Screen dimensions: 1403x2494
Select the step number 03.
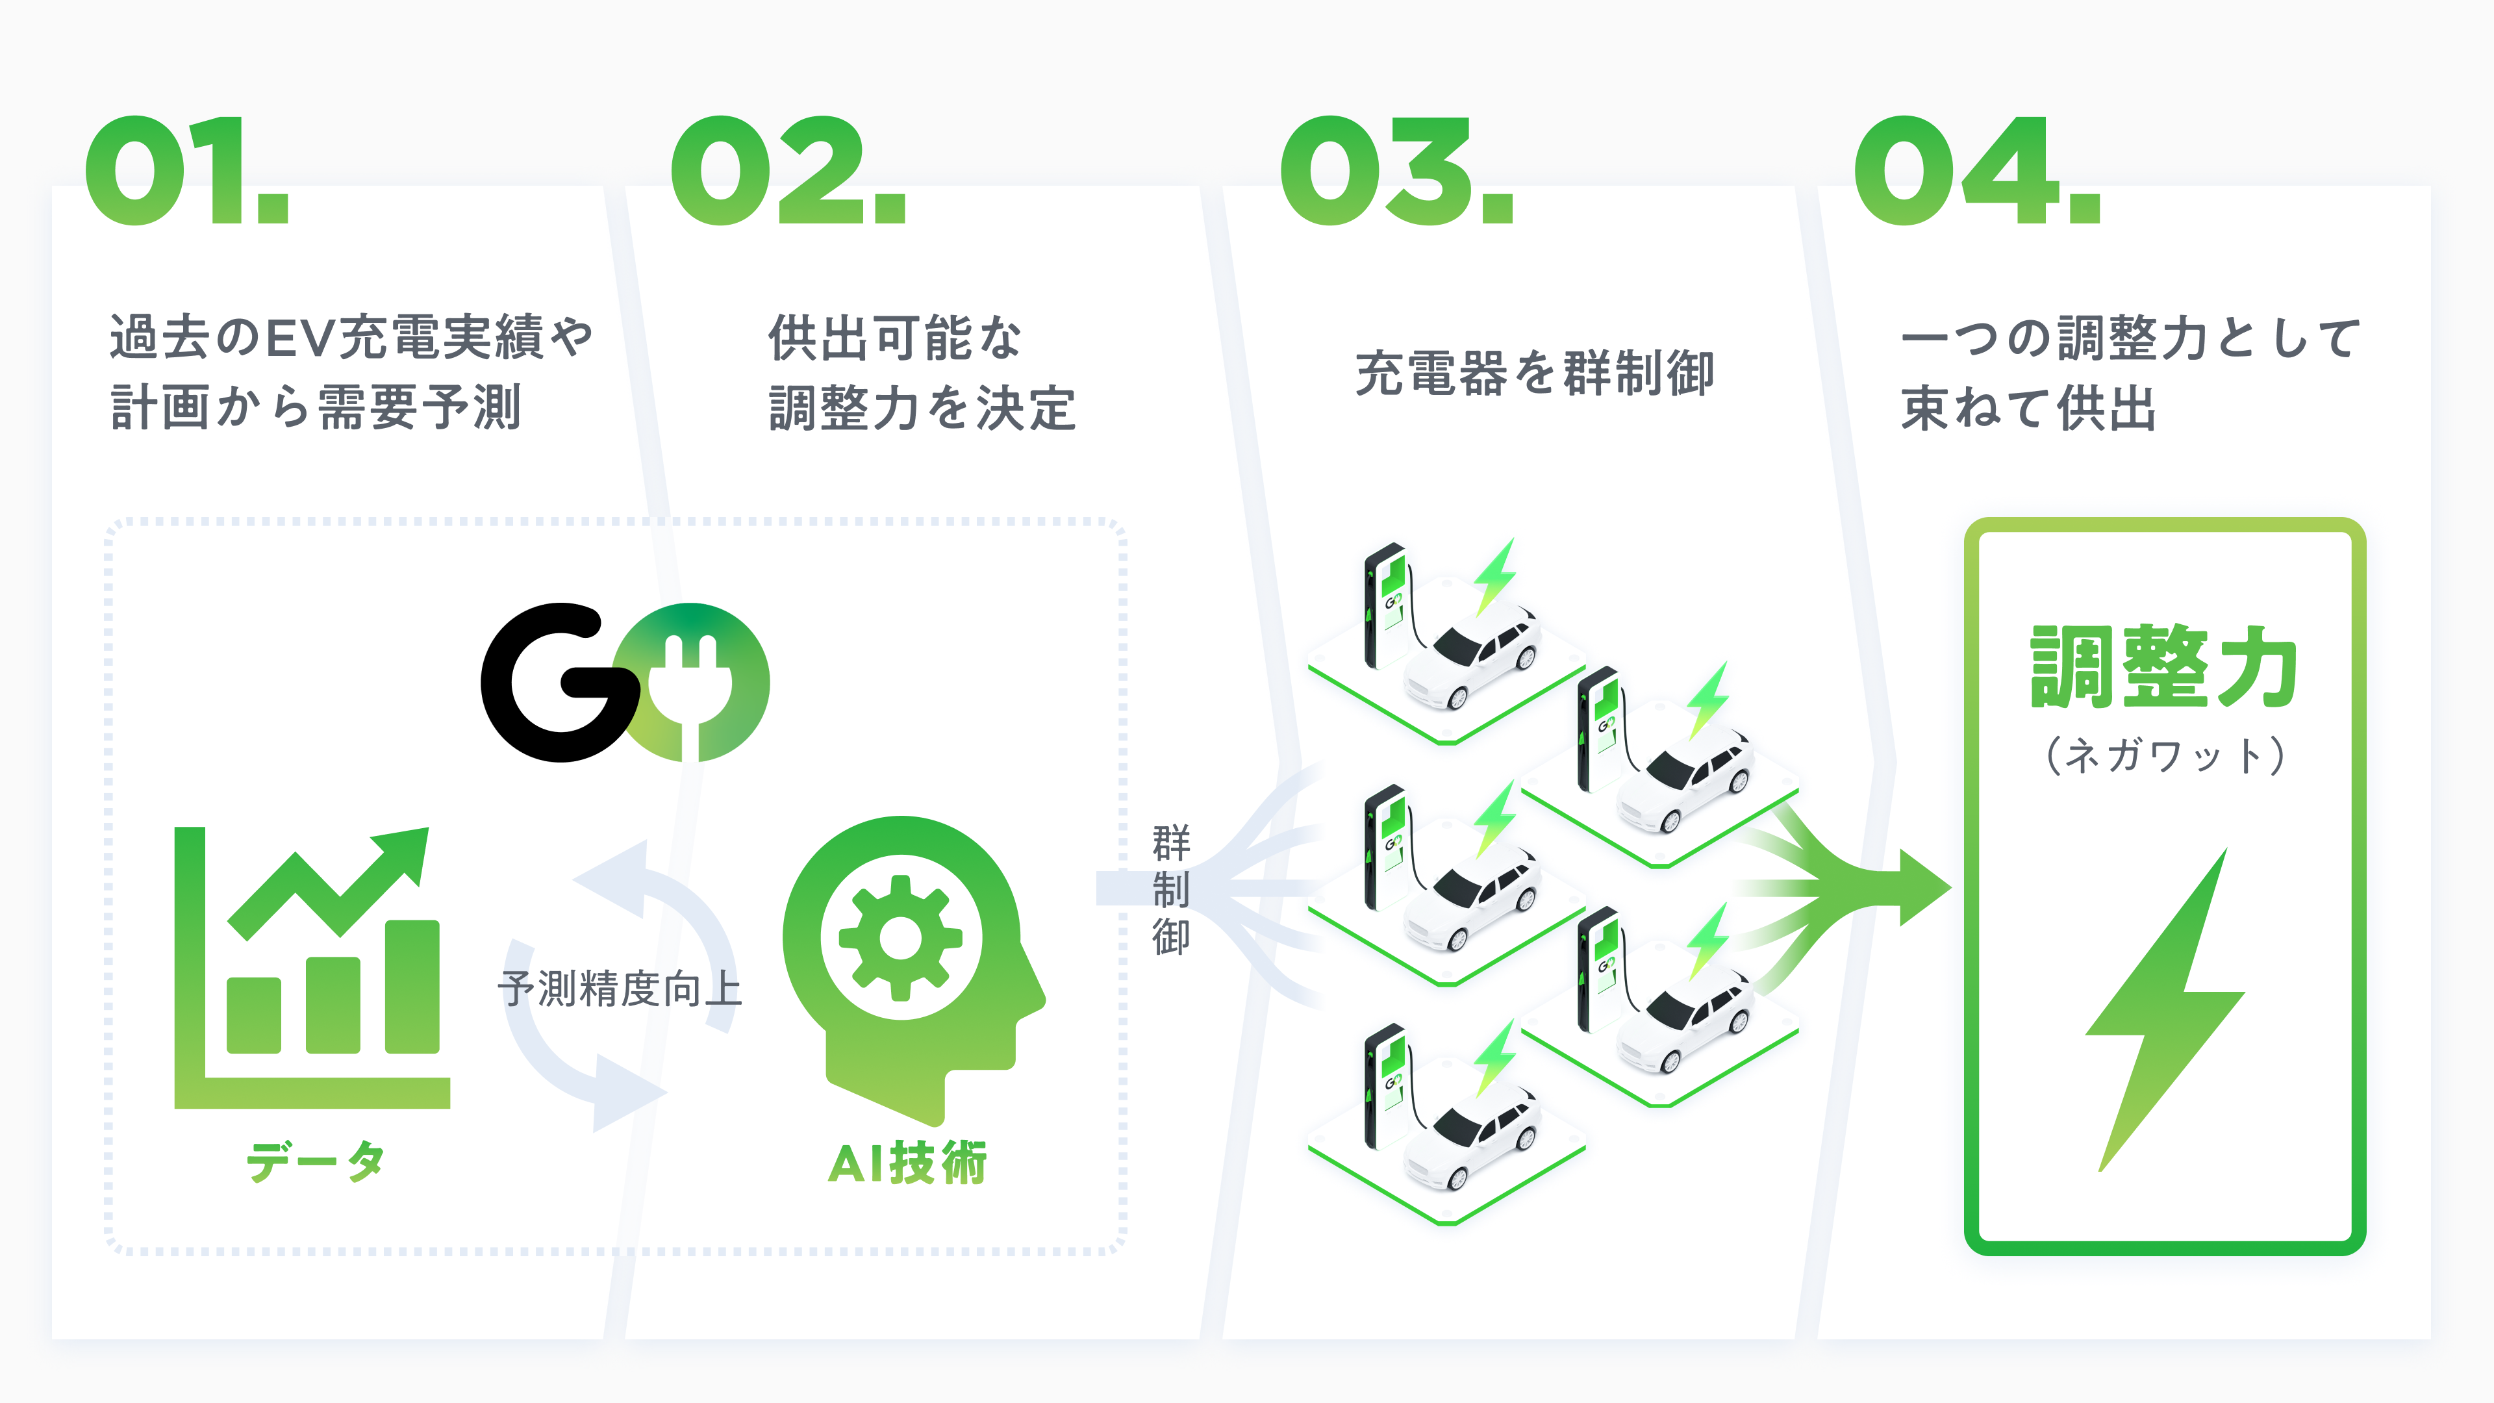click(1396, 171)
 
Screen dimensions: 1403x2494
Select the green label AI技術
click(907, 1163)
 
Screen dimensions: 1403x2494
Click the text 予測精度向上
click(620, 989)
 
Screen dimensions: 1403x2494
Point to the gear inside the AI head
click(900, 937)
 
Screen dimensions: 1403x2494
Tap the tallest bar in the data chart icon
click(412, 986)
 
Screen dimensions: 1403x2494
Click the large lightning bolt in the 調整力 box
click(2164, 1007)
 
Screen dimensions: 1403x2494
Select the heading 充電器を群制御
click(1535, 373)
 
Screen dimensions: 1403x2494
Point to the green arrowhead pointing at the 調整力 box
click(1922, 887)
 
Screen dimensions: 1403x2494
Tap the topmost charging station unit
click(1385, 605)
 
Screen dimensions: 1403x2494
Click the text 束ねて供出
click(2028, 408)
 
